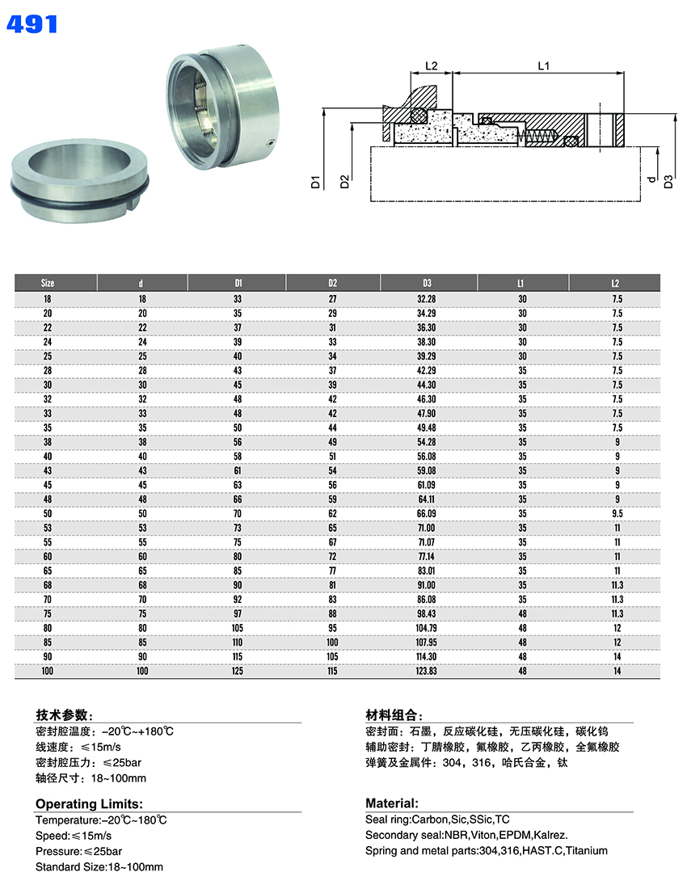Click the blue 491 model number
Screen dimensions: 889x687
click(32, 23)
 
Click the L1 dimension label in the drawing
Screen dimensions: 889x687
click(543, 65)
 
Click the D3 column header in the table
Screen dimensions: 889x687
click(427, 283)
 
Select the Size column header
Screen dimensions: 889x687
click(48, 283)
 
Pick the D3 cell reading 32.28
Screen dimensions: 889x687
click(427, 299)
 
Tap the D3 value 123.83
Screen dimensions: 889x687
click(427, 672)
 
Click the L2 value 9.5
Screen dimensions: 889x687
click(617, 513)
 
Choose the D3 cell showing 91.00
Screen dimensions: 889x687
click(427, 584)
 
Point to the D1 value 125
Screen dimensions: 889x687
click(238, 672)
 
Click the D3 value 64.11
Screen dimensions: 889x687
click(427, 499)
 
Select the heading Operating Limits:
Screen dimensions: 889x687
click(89, 803)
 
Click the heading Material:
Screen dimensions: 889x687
click(392, 803)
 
